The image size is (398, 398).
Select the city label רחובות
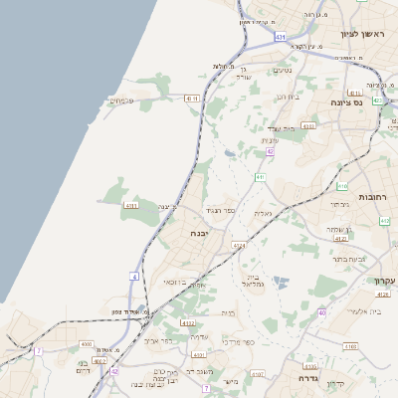(382, 197)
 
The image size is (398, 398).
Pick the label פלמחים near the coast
(122, 99)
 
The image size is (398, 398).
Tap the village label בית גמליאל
(253, 281)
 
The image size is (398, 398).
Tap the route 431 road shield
(281, 37)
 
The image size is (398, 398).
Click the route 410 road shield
(342, 186)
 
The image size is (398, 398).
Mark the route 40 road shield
(321, 313)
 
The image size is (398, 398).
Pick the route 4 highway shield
(133, 276)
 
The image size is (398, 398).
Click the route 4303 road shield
(307, 126)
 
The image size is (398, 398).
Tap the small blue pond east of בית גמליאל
(283, 282)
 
